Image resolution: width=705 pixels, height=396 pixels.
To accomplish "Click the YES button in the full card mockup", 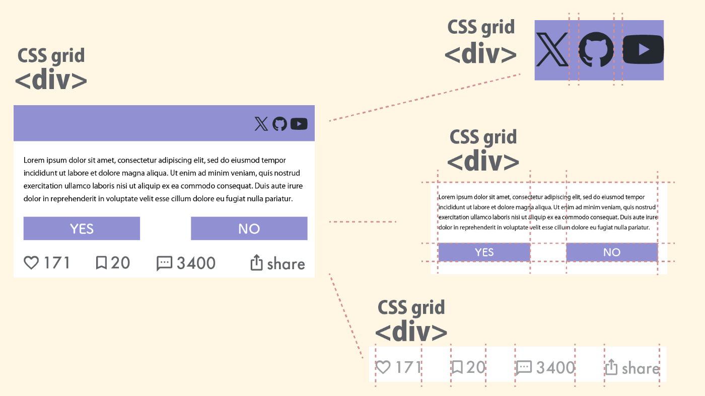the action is (x=82, y=228).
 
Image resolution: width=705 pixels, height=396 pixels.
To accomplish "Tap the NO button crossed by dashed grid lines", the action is (x=611, y=252).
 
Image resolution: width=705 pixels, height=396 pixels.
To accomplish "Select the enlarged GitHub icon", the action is (x=596, y=49).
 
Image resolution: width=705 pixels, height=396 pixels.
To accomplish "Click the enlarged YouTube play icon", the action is (x=643, y=49).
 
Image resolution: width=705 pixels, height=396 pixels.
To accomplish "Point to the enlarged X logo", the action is (x=552, y=49).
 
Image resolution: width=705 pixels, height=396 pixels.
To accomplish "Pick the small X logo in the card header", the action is (x=261, y=124).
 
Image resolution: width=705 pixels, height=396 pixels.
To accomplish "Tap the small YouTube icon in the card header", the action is (x=299, y=124).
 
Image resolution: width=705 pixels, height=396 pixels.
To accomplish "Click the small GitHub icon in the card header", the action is (x=279, y=124).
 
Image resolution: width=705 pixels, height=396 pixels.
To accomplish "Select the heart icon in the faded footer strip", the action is (x=383, y=367).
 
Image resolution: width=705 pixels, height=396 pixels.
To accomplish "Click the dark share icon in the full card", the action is (x=257, y=263).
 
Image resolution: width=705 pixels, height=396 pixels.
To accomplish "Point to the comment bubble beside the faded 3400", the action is (x=524, y=368).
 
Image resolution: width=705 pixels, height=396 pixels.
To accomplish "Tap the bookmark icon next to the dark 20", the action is (x=101, y=263).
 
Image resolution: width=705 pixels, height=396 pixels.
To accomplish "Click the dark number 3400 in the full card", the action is (x=196, y=263).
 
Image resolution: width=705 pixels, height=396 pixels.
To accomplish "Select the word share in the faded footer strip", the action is (x=640, y=369).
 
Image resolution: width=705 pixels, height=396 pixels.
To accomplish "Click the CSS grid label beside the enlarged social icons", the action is (x=481, y=27).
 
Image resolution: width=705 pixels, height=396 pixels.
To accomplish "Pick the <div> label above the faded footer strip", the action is (x=411, y=332).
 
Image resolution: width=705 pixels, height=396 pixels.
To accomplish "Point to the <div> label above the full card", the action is (x=51, y=81).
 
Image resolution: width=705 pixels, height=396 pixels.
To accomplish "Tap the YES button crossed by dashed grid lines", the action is (x=484, y=252).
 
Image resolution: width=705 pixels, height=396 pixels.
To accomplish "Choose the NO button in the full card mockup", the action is (x=249, y=228).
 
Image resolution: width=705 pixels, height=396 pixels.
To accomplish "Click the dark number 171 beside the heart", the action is (x=56, y=263).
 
